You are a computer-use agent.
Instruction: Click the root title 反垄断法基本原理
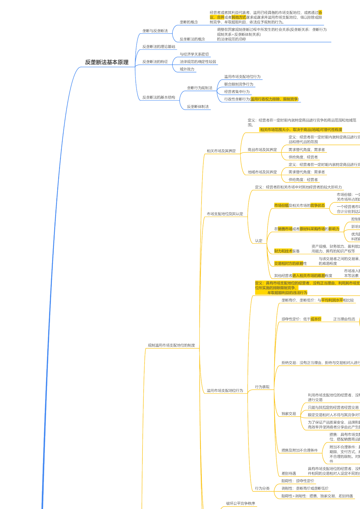[x=107, y=62]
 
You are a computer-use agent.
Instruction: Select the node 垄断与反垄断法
[x=155, y=31]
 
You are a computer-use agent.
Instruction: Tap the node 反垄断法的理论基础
[x=158, y=47]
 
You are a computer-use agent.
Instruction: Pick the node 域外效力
[x=187, y=69]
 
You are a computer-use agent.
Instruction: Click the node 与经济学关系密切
[x=194, y=54]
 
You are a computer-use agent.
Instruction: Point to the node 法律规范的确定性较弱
[x=198, y=62]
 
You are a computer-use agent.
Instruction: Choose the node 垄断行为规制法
[x=199, y=88]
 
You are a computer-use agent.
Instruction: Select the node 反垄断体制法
[x=198, y=107]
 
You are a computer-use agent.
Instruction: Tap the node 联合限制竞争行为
[x=238, y=84]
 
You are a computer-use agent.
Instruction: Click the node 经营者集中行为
[x=237, y=92]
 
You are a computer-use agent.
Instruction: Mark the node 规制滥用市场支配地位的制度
[x=171, y=345]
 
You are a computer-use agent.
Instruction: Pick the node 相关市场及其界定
[x=221, y=151]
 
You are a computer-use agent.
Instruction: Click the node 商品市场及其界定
[x=262, y=150]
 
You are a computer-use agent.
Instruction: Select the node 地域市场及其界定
[x=262, y=172]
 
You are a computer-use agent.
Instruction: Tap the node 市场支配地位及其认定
[x=225, y=214]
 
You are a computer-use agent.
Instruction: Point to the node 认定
[x=258, y=241]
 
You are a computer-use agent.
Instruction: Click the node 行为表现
[x=262, y=387]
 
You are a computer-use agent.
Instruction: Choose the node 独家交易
[x=288, y=414]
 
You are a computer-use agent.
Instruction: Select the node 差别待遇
[x=288, y=474]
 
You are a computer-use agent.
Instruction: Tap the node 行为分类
[x=262, y=488]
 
